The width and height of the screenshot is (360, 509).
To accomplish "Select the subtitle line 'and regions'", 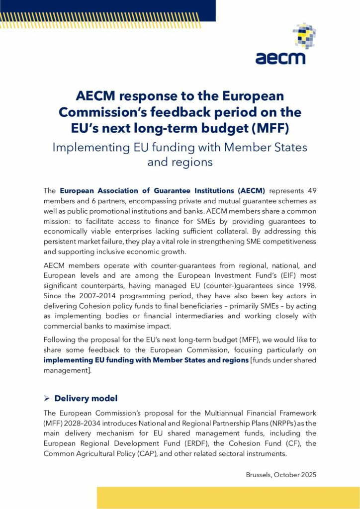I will click(x=180, y=162).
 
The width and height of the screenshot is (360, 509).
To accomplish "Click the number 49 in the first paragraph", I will click(x=309, y=190).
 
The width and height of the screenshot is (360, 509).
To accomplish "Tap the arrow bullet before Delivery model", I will click(x=47, y=399).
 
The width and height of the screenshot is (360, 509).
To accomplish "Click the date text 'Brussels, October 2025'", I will click(x=281, y=475).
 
